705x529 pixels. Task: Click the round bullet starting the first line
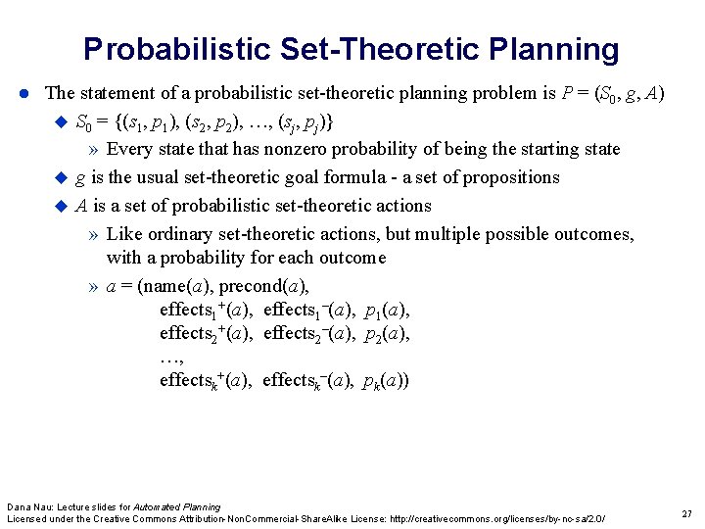[26, 94]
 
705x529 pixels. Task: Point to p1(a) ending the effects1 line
[386, 311]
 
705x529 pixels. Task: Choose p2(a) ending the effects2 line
[386, 334]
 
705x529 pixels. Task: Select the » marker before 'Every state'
[92, 150]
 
